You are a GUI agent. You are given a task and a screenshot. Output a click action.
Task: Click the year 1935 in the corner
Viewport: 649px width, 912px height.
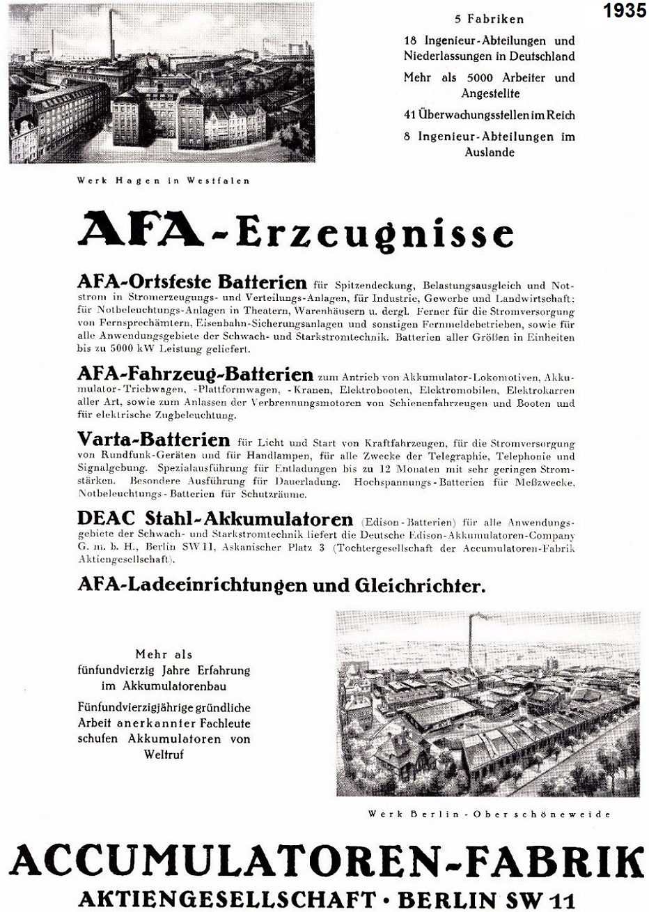click(625, 12)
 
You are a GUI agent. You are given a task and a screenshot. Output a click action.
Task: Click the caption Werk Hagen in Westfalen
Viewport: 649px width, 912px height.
click(163, 180)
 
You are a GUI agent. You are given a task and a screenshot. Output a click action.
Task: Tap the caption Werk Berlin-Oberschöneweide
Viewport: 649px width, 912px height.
click(489, 814)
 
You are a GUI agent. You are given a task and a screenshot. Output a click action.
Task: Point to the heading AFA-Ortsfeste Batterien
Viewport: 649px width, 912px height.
click(192, 282)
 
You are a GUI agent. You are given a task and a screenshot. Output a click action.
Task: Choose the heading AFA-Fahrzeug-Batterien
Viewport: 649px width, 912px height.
click(196, 373)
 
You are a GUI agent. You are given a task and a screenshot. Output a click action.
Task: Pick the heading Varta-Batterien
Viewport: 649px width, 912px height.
click(154, 440)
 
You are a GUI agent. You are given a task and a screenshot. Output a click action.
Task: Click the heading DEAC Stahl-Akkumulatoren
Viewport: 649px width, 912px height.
click(215, 519)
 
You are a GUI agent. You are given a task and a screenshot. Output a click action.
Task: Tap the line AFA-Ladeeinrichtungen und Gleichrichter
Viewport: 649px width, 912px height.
click(281, 585)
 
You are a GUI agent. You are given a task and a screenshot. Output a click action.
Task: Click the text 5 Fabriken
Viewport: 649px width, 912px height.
click(489, 19)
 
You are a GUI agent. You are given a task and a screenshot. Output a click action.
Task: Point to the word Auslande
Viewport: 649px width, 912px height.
click(489, 152)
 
